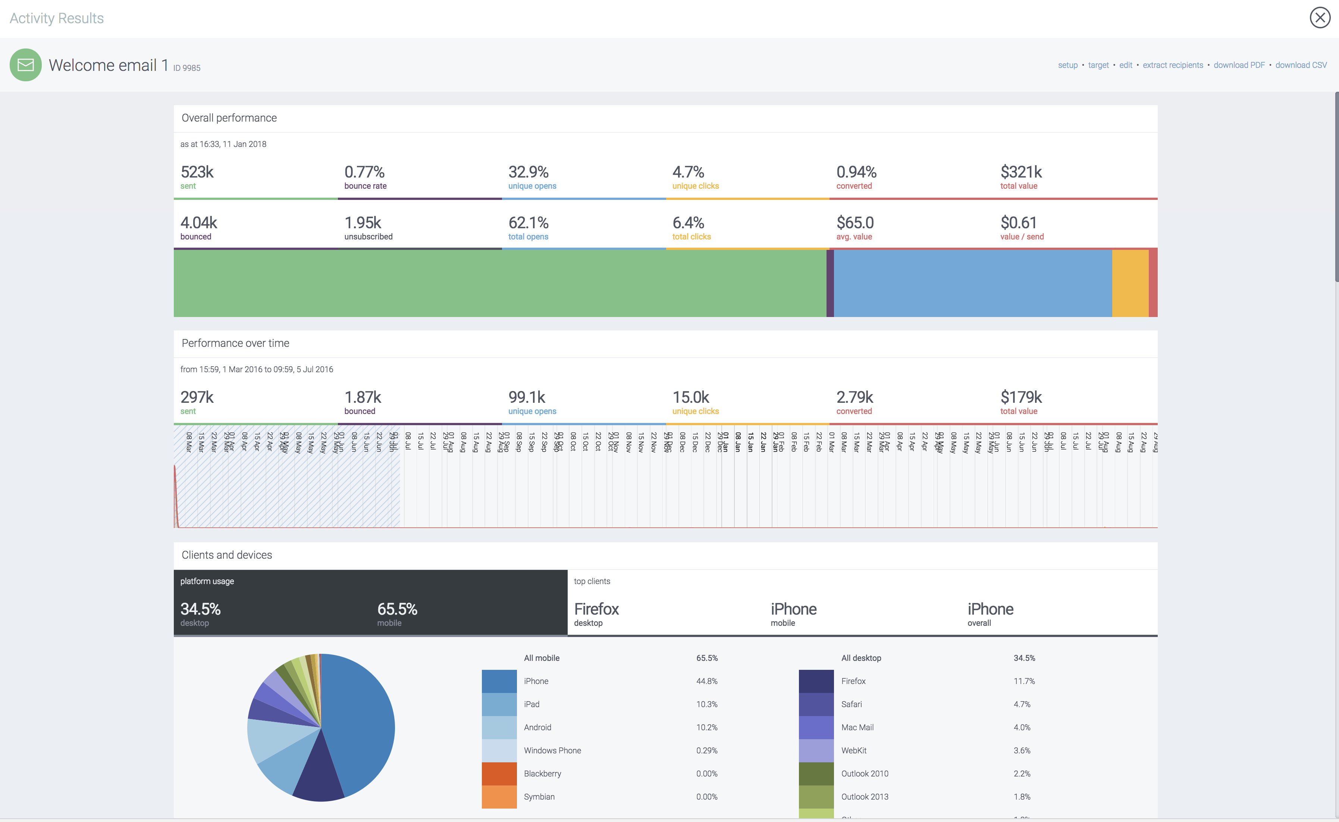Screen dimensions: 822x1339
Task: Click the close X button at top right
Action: [x=1320, y=18]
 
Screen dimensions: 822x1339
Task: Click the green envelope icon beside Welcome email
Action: [x=26, y=65]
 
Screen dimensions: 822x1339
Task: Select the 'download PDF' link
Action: [x=1239, y=65]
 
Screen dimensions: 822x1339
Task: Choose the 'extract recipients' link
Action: [x=1173, y=65]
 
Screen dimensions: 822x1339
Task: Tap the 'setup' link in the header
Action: [x=1067, y=65]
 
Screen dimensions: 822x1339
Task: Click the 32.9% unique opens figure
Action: [x=528, y=172]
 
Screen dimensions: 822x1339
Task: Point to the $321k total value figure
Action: [x=1020, y=172]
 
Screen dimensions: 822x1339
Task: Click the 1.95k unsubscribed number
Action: [x=363, y=223]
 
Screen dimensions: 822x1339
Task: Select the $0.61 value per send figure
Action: [x=1018, y=223]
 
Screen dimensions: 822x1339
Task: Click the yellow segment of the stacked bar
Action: [x=1130, y=283]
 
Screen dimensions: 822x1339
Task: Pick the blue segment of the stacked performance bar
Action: [x=972, y=283]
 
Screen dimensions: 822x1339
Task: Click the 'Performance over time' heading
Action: [x=235, y=343]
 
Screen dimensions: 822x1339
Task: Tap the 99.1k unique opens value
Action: [x=526, y=398]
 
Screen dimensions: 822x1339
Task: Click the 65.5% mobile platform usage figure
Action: [x=397, y=609]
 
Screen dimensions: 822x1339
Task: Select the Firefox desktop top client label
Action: [x=596, y=609]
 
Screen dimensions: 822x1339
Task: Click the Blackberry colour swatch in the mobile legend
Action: [x=499, y=774]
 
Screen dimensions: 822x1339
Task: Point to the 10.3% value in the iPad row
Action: [x=707, y=705]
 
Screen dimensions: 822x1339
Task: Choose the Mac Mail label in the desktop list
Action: [x=857, y=727]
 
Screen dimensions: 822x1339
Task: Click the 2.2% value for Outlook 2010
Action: [x=1022, y=774]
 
